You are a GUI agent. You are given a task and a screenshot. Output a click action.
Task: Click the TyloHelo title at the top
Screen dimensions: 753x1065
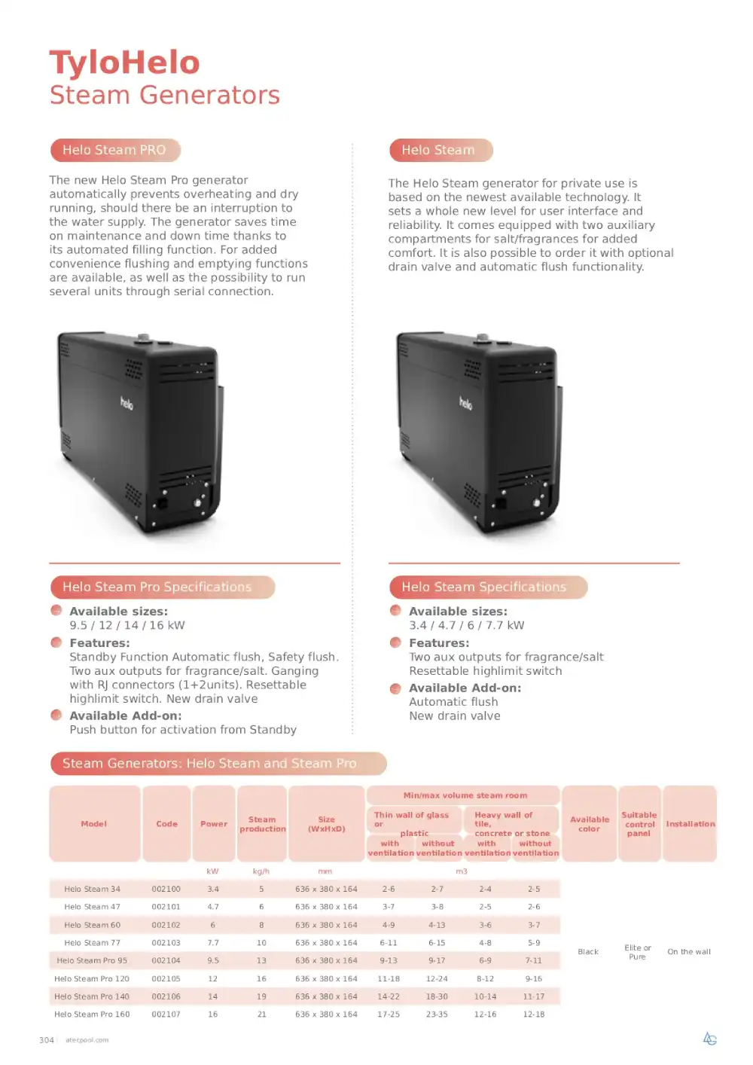[x=124, y=63]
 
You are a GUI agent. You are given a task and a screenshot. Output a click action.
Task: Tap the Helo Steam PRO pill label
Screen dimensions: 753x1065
[x=115, y=150]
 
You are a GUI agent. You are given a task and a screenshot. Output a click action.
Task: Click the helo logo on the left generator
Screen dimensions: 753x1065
[x=127, y=403]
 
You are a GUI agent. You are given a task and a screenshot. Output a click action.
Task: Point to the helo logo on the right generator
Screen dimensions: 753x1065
[x=465, y=403]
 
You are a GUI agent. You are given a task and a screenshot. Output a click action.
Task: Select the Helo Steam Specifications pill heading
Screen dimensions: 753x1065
[x=488, y=587]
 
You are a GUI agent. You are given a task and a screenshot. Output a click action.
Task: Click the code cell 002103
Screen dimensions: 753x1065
[x=166, y=942]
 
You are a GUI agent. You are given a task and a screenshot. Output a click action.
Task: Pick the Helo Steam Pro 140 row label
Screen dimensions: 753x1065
[x=92, y=996]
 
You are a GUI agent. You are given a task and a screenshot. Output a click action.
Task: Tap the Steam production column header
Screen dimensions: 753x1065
[x=262, y=824]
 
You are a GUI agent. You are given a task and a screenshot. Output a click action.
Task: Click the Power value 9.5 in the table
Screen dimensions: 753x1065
[x=213, y=960]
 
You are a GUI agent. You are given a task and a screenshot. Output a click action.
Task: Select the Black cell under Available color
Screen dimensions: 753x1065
[x=588, y=951]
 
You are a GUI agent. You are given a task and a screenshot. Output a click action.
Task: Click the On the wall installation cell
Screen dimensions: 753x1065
[x=689, y=951]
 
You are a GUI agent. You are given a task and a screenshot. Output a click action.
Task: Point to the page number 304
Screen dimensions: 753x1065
[x=47, y=1040]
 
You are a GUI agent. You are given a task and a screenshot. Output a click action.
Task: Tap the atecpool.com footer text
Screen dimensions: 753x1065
[x=87, y=1040]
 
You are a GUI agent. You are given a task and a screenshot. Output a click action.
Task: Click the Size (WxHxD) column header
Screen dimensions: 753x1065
[x=326, y=824]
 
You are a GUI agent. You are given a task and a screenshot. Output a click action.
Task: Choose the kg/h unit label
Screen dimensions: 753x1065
[x=261, y=871]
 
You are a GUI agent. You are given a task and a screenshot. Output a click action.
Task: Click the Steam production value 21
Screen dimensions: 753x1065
[x=261, y=1014]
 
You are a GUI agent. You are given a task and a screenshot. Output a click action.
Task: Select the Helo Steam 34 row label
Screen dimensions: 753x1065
[x=92, y=889]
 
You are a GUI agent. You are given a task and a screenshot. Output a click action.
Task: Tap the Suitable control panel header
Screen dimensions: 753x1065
[x=639, y=824]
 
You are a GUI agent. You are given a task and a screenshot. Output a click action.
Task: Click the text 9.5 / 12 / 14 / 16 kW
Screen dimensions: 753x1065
[x=127, y=625]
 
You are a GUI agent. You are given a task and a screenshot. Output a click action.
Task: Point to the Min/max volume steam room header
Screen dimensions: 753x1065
[x=465, y=795]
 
